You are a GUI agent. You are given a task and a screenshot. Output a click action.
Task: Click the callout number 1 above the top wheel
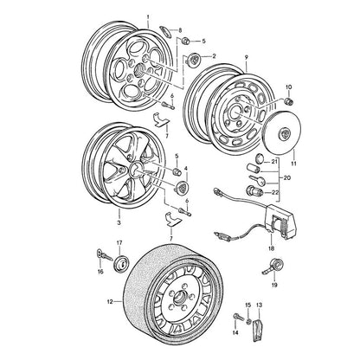tap(148, 17)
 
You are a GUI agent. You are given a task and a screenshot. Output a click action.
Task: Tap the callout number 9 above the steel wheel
tap(247, 58)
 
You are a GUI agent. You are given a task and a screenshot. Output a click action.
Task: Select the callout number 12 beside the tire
tap(110, 302)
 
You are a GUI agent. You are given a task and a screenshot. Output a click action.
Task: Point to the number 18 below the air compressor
tap(271, 247)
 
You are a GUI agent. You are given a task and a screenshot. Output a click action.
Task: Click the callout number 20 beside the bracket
tap(286, 177)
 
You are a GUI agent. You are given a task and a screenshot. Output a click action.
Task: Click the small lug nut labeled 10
tap(288, 101)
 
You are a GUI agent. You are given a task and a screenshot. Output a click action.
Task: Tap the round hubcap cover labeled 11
tap(283, 132)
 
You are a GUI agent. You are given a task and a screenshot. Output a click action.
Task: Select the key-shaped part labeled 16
tap(104, 255)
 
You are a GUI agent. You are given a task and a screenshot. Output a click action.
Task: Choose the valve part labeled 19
tap(273, 266)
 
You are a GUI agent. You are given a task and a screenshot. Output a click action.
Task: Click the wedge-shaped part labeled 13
tap(258, 331)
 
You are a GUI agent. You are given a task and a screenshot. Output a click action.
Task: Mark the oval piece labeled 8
tap(165, 30)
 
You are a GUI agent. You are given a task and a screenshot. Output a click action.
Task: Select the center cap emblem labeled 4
tap(182, 186)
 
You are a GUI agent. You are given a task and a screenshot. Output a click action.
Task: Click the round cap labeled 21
tap(260, 158)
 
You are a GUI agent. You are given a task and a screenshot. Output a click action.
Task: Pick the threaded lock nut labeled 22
tap(253, 190)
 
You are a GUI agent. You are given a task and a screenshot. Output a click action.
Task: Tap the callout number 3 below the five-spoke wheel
tap(119, 223)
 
